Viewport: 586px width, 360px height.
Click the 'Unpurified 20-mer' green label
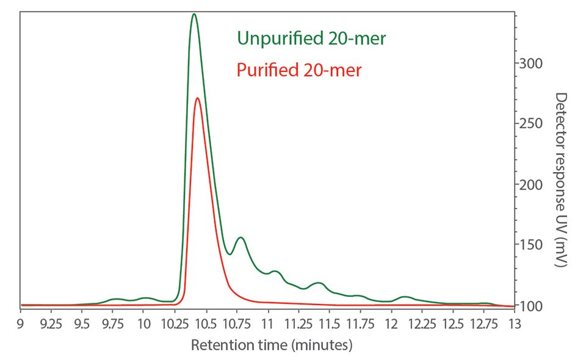point(311,38)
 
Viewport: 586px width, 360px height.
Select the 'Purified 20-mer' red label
point(299,70)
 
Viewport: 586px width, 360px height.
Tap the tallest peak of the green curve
point(194,14)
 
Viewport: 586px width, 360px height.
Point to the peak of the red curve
point(197,98)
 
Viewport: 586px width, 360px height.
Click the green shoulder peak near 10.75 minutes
point(241,238)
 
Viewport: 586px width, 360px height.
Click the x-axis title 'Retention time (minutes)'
point(272,345)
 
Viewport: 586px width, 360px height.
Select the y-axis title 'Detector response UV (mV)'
point(561,179)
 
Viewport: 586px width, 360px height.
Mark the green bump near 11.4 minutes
point(317,283)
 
